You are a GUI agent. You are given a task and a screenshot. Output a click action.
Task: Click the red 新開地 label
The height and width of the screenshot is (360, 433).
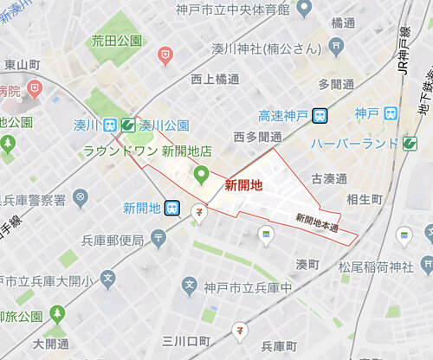click(243, 184)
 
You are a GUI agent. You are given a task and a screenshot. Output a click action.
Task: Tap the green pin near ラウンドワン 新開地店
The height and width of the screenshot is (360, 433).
click(201, 174)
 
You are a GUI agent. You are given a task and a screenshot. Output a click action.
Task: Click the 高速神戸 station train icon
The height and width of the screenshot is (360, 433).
click(320, 115)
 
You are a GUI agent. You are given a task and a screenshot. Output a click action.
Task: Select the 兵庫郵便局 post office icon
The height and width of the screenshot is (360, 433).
click(158, 237)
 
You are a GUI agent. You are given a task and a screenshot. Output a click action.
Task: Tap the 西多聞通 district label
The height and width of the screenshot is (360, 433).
click(258, 137)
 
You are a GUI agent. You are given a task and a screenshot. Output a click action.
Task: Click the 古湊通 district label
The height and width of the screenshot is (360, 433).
click(328, 178)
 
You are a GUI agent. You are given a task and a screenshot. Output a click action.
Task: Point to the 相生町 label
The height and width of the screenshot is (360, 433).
click(364, 200)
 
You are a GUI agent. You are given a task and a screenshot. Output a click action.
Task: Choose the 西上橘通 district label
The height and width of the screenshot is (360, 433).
click(214, 78)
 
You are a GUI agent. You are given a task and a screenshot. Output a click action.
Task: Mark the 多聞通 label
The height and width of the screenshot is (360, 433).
click(336, 84)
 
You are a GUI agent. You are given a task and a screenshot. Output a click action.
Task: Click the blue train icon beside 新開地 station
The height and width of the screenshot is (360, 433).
click(172, 208)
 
